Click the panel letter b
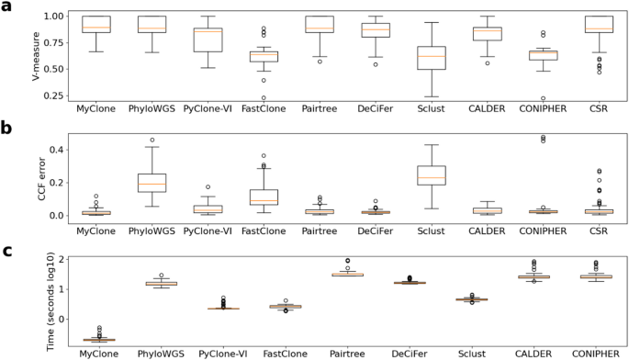coord(6,129)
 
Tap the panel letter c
coord(6,250)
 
